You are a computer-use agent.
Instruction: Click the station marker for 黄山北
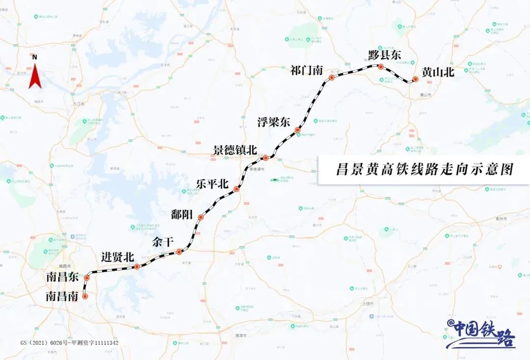[x=415, y=79]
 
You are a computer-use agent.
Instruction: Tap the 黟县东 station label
[x=385, y=55]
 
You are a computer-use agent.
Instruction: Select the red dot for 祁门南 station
[x=331, y=77]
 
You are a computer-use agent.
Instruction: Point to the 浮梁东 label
[x=274, y=123]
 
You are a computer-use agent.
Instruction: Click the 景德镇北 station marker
[x=265, y=158]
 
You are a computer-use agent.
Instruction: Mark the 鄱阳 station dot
[x=200, y=217]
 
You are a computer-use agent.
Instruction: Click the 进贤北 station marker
[x=137, y=267]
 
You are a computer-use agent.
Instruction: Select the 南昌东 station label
[x=62, y=277]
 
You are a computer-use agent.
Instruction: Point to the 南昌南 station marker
[x=85, y=296]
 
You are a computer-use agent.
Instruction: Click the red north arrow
[x=34, y=77]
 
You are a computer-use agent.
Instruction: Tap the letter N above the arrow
[x=34, y=57]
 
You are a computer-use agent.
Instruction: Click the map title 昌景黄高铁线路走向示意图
[x=424, y=170]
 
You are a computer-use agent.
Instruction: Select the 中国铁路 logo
[x=481, y=333]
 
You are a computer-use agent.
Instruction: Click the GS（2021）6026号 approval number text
[x=69, y=343]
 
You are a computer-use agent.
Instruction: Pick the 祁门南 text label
[x=306, y=71]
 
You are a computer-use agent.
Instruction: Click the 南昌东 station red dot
[x=87, y=278]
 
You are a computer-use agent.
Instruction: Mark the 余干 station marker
[x=179, y=252]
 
